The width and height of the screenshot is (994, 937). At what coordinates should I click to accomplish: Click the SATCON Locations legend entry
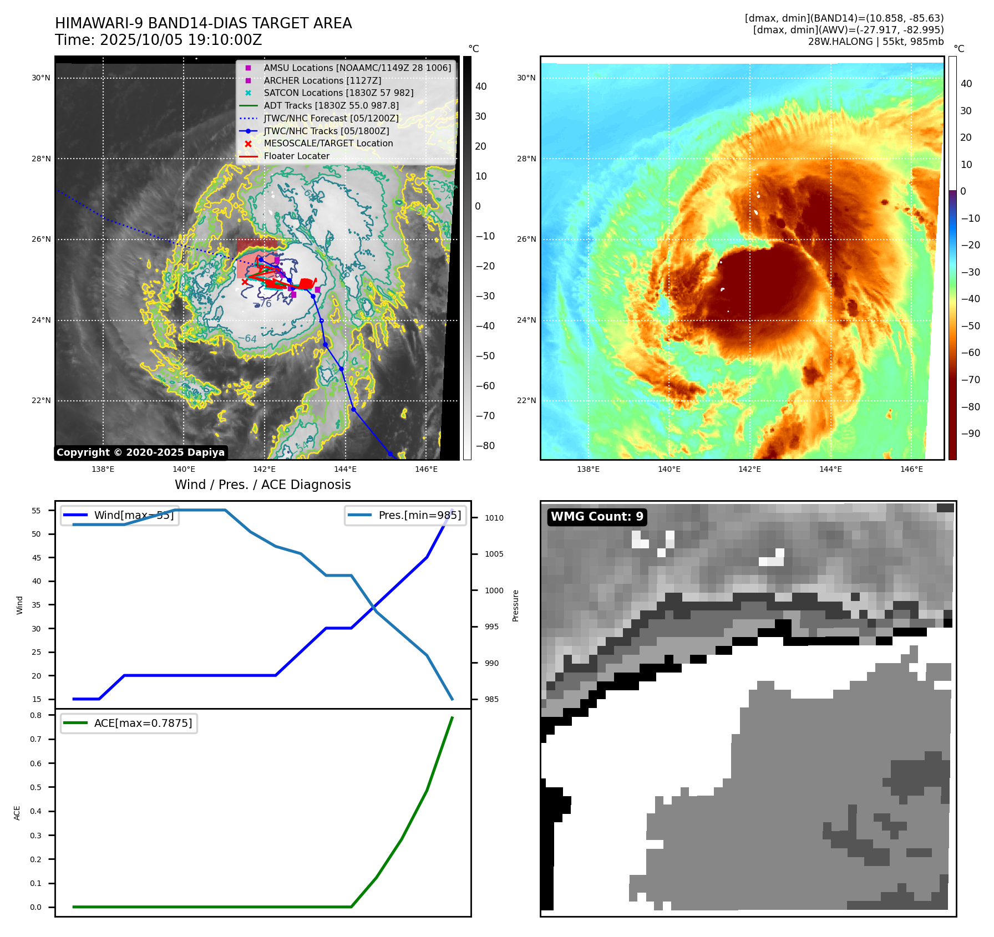[x=338, y=93]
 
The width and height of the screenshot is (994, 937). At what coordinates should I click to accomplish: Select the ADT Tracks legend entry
[x=331, y=105]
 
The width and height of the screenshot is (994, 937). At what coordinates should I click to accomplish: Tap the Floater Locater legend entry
[x=296, y=156]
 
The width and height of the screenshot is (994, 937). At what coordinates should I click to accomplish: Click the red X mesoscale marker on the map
[x=245, y=282]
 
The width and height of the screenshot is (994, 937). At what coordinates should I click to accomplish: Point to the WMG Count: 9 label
[x=597, y=517]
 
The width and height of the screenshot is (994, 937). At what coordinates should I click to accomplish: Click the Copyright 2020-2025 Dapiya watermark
[x=140, y=452]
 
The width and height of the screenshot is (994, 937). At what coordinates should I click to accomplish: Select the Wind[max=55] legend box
[x=119, y=515]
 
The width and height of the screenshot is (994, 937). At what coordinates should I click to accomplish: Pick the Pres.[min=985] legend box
[x=405, y=515]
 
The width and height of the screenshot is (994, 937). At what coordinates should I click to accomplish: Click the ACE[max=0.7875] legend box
[x=129, y=723]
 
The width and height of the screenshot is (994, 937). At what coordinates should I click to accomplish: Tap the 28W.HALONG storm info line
[x=875, y=42]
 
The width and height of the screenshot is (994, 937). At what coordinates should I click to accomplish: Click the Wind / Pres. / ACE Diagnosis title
[x=263, y=485]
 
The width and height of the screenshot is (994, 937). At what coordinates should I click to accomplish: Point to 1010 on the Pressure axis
[x=494, y=518]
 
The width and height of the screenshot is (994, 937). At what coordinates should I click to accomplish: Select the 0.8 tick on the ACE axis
[x=36, y=715]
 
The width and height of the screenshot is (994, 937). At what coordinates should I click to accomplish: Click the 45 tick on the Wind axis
[x=37, y=558]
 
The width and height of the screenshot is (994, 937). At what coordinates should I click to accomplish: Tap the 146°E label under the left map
[x=426, y=469]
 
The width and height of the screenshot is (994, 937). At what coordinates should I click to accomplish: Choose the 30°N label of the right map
[x=526, y=78]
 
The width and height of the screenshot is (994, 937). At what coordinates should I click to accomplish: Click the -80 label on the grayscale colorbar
[x=485, y=446]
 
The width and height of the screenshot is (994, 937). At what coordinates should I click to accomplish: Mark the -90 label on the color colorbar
[x=970, y=434]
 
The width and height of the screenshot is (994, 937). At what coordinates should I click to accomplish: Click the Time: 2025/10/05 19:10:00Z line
[x=158, y=40]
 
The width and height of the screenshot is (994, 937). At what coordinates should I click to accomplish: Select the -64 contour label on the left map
[x=247, y=339]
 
